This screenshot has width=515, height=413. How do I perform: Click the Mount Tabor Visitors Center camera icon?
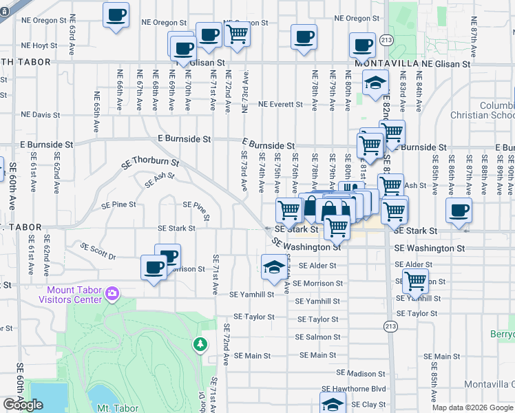[112, 295]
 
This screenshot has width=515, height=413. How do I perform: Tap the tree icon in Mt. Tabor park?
[200, 343]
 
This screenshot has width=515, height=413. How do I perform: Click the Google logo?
[23, 405]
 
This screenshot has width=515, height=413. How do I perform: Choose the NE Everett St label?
[280, 105]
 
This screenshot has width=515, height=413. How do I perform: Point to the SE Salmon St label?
[317, 337]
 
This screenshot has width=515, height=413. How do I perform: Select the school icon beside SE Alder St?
[273, 266]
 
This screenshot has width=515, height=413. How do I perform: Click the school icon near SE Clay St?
[332, 403]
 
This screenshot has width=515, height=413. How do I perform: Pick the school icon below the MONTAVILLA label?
[375, 84]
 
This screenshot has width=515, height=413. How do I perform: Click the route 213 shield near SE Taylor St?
[391, 326]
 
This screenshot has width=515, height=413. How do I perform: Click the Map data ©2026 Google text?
[472, 407]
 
